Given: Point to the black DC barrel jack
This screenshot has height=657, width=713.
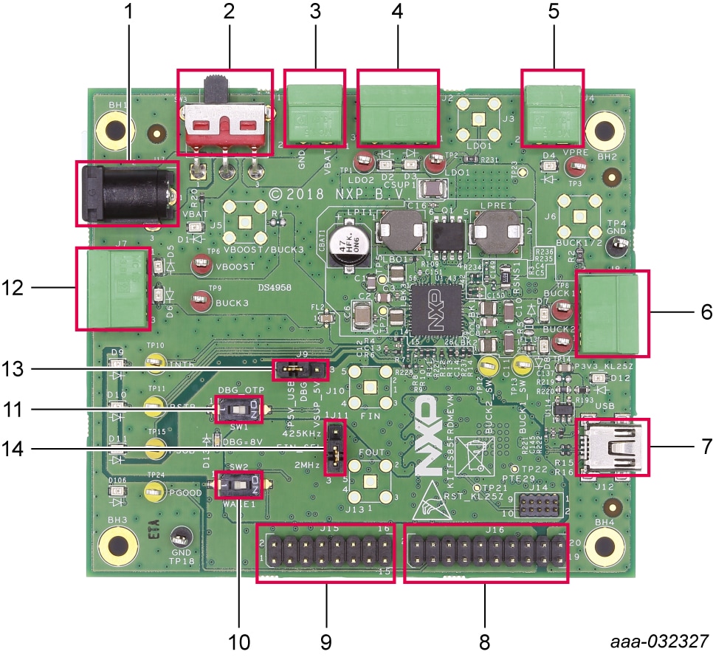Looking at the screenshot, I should click(x=126, y=193).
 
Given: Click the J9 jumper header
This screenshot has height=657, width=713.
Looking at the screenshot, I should click(x=299, y=368).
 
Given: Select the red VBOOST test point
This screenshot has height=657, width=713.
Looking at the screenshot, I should click(x=200, y=265).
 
